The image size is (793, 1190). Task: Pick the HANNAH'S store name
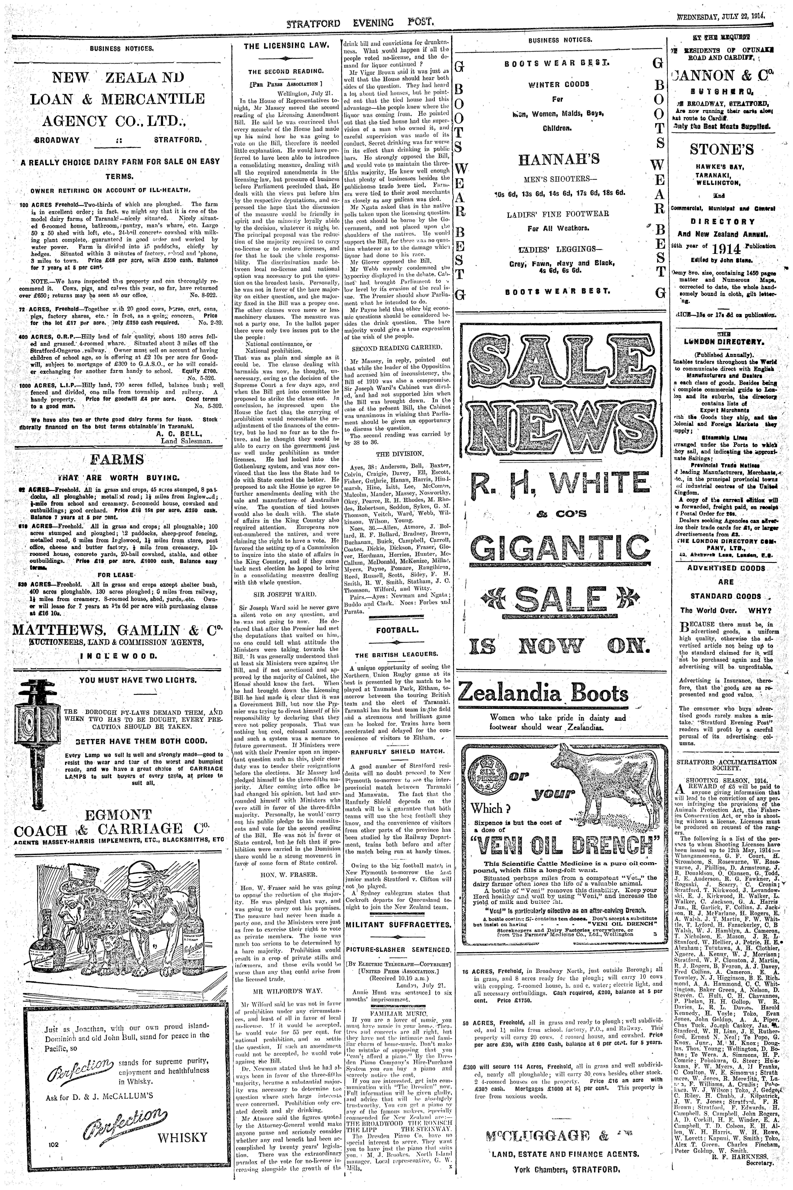[558, 159]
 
